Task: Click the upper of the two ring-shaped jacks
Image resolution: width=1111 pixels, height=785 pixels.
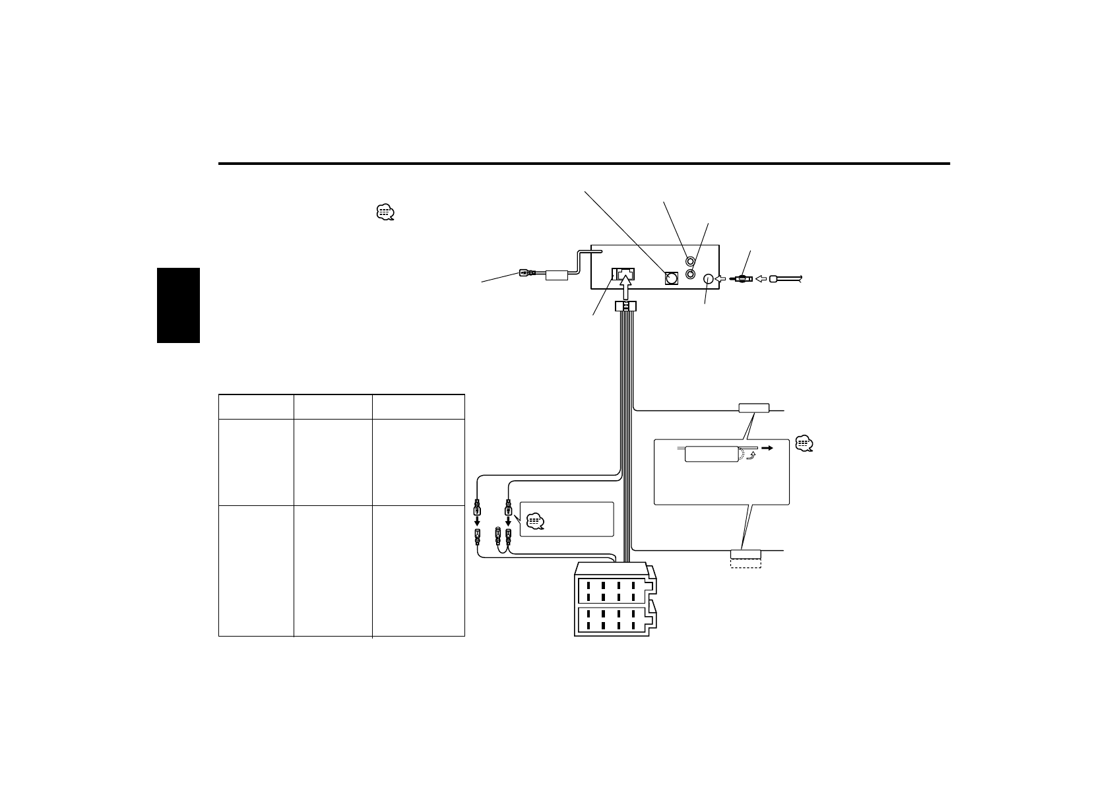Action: tap(690, 262)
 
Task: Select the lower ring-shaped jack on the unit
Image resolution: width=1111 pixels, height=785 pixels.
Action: tap(690, 273)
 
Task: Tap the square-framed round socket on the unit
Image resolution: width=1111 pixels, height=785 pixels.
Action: tap(671, 278)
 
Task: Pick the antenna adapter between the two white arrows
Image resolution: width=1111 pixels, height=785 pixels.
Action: tap(742, 279)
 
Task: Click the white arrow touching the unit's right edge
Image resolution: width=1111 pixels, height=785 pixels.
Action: tap(720, 279)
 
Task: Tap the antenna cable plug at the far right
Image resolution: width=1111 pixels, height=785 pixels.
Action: tap(774, 279)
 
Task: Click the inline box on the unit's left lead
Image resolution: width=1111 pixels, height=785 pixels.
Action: tap(557, 274)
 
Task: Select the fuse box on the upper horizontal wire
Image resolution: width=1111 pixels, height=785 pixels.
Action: tap(753, 408)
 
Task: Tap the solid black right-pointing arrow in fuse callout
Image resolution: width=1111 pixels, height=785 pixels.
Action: tap(767, 447)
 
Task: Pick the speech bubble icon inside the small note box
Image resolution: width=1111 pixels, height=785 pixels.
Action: tap(536, 522)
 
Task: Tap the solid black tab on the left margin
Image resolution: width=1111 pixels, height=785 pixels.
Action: tap(178, 305)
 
